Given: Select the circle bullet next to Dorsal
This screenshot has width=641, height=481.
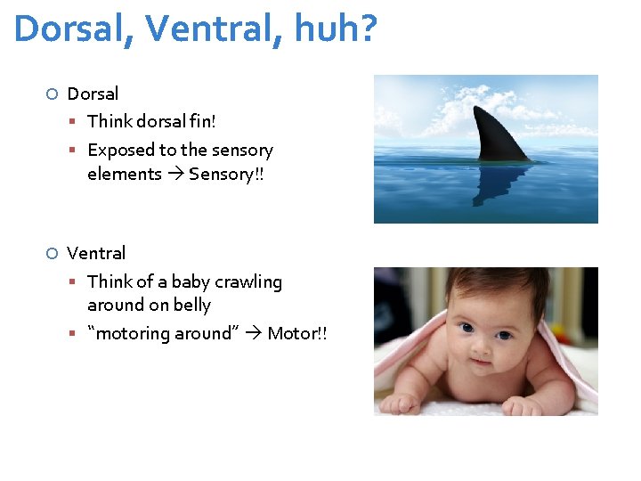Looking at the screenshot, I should click(53, 94).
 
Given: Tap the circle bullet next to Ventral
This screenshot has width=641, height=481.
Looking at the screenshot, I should click(53, 254).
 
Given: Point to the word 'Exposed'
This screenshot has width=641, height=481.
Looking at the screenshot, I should click(120, 151).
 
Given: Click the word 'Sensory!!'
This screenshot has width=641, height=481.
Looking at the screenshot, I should click(226, 175).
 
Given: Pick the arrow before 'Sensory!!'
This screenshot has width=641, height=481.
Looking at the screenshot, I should click(174, 175).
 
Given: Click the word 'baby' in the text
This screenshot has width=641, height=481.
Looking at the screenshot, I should click(190, 282).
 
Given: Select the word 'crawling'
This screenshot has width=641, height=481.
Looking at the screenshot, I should click(248, 282).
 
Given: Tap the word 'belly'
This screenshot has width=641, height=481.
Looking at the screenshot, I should click(191, 306).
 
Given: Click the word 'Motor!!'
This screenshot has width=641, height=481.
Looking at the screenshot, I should click(296, 334).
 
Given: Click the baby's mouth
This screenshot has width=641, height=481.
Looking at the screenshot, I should click(480, 364).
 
